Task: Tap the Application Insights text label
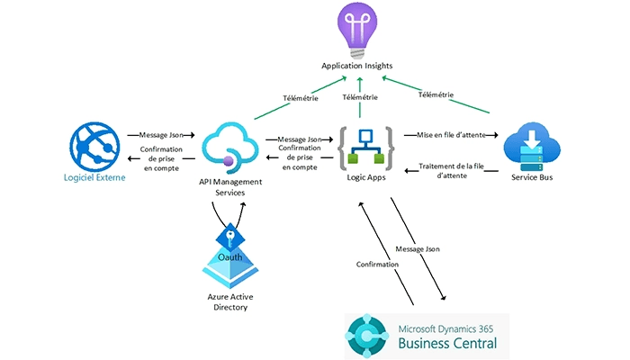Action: [x=358, y=67]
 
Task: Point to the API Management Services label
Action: [x=230, y=186]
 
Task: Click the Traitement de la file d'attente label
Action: [x=458, y=170]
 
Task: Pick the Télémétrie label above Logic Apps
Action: [x=360, y=97]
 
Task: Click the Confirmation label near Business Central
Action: [x=378, y=265]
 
